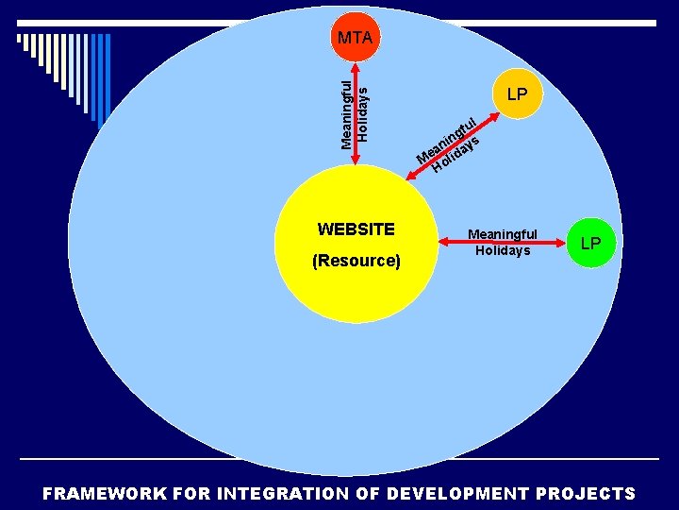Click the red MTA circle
coord(355,37)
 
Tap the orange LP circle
coord(517,93)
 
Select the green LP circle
coord(590,243)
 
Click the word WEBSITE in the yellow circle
coord(356,229)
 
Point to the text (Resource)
coord(356,260)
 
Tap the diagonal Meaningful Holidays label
coord(451,146)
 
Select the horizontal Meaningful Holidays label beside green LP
coord(503,242)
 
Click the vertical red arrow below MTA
coord(355,113)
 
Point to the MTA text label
coord(355,39)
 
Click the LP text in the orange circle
coord(517,94)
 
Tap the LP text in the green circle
coord(590,244)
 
